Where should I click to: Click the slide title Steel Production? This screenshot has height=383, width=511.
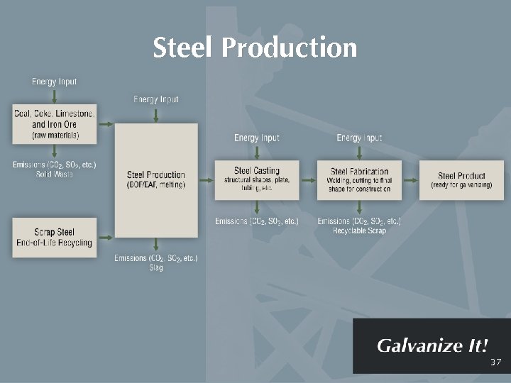tap(255, 48)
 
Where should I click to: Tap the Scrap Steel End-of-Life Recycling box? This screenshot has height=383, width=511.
tap(54, 237)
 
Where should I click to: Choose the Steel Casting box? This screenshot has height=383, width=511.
tap(257, 179)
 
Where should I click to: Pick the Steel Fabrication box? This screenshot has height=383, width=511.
tap(359, 179)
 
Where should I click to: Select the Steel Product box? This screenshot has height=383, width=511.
tap(461, 179)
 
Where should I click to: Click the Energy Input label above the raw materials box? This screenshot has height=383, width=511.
tap(54, 82)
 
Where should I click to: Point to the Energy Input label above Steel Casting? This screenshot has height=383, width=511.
tap(257, 138)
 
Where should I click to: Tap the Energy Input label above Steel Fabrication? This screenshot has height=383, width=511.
tap(359, 138)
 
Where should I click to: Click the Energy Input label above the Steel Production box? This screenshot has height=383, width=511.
tap(156, 99)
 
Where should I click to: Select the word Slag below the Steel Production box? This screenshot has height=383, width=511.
tap(156, 268)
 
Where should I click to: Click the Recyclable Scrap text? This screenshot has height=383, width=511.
tap(359, 231)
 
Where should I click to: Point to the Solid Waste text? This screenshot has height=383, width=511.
tap(54, 174)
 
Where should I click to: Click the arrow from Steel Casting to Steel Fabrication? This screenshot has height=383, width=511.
tap(308, 179)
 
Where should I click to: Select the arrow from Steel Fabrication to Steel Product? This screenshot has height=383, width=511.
tap(410, 179)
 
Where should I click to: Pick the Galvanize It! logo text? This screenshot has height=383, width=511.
tap(432, 346)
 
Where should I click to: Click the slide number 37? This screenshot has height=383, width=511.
tap(495, 362)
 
